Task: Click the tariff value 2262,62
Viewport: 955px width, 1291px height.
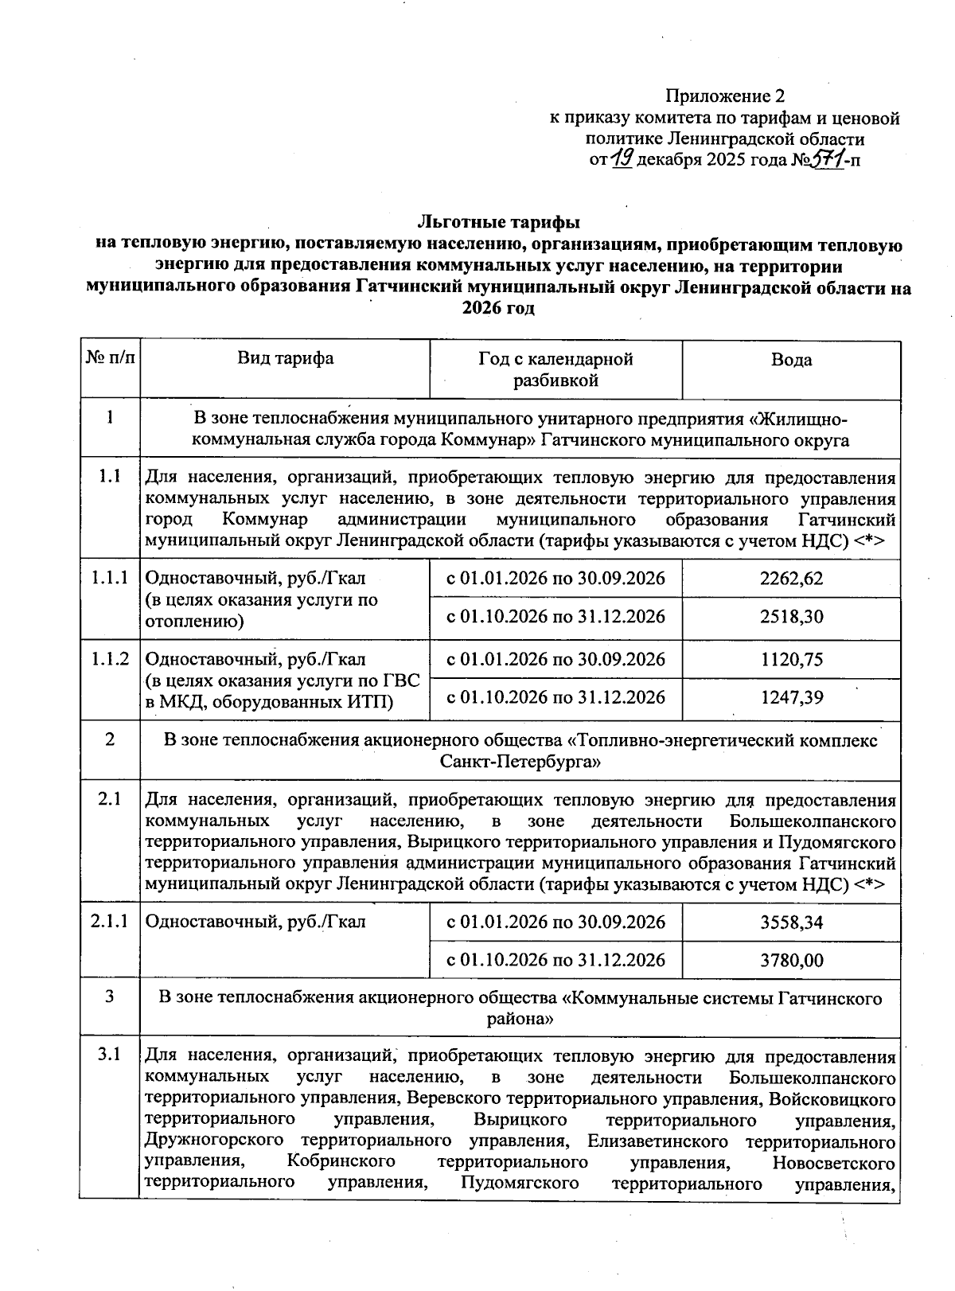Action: tap(791, 579)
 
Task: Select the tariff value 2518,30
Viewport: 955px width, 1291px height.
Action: tap(791, 617)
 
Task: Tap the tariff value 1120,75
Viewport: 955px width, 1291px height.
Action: tap(791, 660)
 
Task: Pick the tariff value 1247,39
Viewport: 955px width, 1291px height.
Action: tap(791, 698)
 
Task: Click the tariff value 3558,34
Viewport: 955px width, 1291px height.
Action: tap(791, 922)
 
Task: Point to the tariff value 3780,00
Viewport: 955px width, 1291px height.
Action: tap(791, 961)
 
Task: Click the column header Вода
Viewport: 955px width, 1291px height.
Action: tap(791, 360)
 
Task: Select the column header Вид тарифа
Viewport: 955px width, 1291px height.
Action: tap(285, 358)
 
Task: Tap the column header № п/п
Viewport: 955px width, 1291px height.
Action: tap(110, 358)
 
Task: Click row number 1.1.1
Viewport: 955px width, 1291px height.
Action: tap(110, 579)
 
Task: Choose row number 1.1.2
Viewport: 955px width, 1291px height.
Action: tap(110, 660)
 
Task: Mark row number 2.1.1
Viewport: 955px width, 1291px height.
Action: tap(110, 922)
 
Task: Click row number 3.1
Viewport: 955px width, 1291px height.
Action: tap(110, 1056)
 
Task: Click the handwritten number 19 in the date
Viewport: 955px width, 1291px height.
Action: tap(622, 159)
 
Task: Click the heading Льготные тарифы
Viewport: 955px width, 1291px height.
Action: tap(498, 220)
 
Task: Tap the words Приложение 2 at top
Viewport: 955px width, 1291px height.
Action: tap(725, 97)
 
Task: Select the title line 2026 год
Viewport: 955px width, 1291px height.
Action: tap(498, 309)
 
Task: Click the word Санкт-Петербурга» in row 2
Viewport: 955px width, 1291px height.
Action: tap(520, 762)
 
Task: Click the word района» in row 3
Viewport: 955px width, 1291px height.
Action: tap(520, 1019)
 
